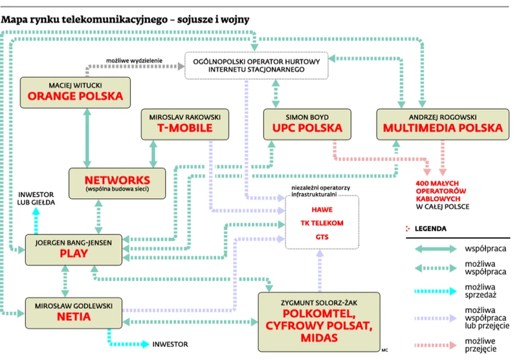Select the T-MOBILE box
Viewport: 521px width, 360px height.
pos(185,124)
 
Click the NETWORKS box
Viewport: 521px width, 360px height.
pos(118,183)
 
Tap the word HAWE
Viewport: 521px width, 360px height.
pos(322,210)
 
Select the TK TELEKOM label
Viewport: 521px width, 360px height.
pos(322,223)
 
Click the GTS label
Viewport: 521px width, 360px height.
pos(322,237)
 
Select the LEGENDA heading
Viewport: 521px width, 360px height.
pos(430,229)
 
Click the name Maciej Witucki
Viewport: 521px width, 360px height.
pos(75,84)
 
